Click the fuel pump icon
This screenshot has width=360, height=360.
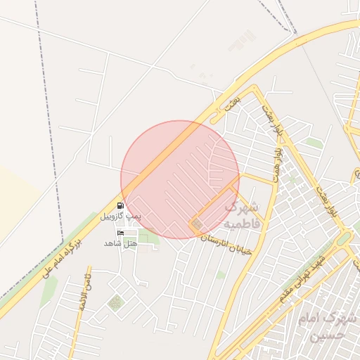(x=120, y=206)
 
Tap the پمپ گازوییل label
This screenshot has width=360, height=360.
(x=120, y=217)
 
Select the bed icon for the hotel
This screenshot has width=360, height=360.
(x=120, y=233)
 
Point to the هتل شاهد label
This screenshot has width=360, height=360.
(x=120, y=243)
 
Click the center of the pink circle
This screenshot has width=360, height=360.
(x=180, y=179)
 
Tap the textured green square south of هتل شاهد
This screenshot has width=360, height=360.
(x=115, y=303)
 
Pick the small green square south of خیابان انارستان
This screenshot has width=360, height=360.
(x=221, y=275)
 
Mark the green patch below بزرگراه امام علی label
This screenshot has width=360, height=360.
(x=49, y=292)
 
